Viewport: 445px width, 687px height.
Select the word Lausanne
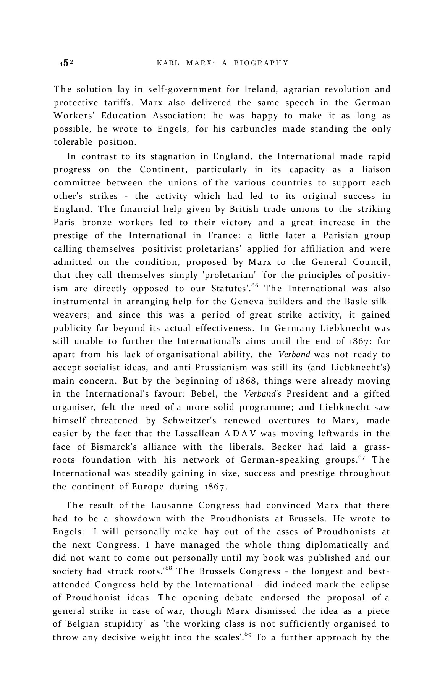172,505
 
